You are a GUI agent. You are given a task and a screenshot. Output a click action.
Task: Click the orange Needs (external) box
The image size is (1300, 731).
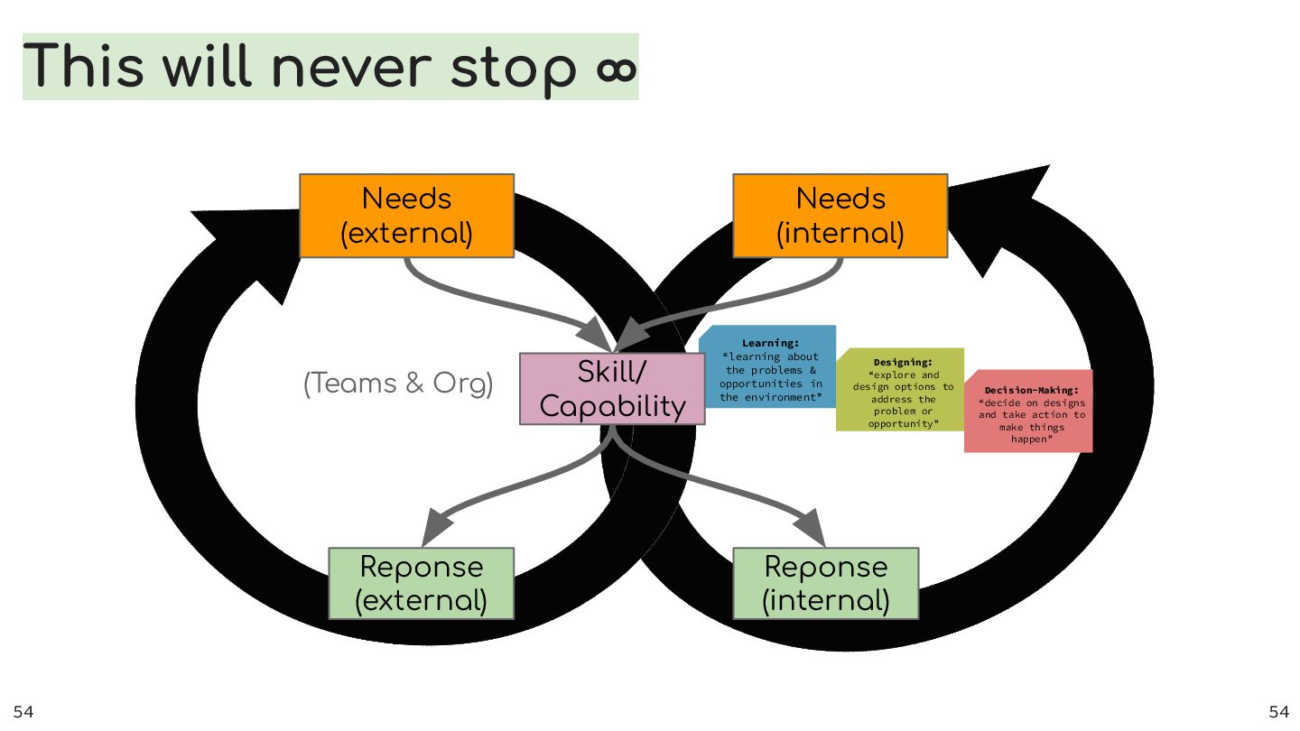tap(406, 216)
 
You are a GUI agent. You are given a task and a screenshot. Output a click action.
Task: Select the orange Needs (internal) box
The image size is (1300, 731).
tap(840, 216)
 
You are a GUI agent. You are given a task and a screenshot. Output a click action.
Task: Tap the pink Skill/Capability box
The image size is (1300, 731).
tap(612, 389)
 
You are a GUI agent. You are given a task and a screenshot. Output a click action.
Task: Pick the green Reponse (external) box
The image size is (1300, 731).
tap(421, 583)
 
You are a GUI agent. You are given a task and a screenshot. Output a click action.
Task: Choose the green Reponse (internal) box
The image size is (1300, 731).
tap(825, 583)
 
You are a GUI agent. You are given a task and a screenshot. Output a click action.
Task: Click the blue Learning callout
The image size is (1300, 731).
tap(769, 367)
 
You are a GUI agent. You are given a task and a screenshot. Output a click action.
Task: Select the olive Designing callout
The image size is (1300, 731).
tap(901, 390)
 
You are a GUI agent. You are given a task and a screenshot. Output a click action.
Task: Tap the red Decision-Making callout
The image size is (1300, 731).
tap(1029, 412)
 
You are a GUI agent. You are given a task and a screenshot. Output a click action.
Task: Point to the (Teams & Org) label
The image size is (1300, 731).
tap(398, 384)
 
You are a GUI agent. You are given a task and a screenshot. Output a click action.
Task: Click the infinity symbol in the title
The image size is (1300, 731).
tap(617, 68)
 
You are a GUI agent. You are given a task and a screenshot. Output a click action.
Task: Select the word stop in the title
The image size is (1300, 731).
tap(513, 68)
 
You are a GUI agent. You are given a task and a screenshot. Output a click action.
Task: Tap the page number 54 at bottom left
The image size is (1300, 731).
tap(23, 712)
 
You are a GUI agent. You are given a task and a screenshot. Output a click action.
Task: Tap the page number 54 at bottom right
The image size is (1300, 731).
tap(1279, 712)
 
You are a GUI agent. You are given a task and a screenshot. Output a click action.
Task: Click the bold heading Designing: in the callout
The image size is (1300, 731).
tap(902, 363)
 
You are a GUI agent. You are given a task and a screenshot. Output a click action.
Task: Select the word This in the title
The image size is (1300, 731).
tap(83, 68)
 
